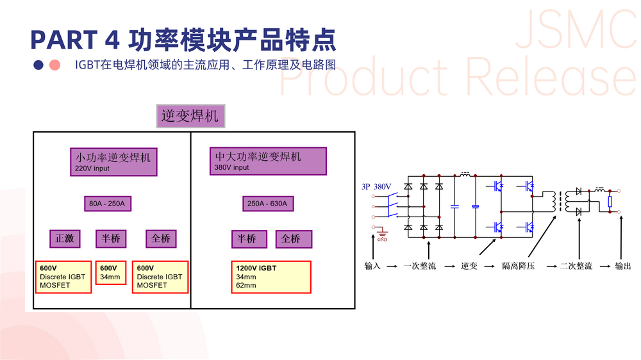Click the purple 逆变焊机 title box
coord(190,116)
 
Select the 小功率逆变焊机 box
coord(113,161)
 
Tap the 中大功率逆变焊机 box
coord(267,161)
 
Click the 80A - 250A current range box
coord(107,204)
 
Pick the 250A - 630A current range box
coord(267,204)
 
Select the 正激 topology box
coord(65,238)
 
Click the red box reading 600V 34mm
coord(110,273)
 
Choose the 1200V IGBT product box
coord(271,277)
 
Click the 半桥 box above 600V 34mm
coord(110,238)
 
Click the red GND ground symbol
coord(382,237)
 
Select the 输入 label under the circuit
coord(372,266)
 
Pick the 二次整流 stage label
coord(576,266)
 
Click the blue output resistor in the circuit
coord(610,202)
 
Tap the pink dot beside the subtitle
coord(55,65)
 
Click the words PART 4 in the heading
coord(74,40)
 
